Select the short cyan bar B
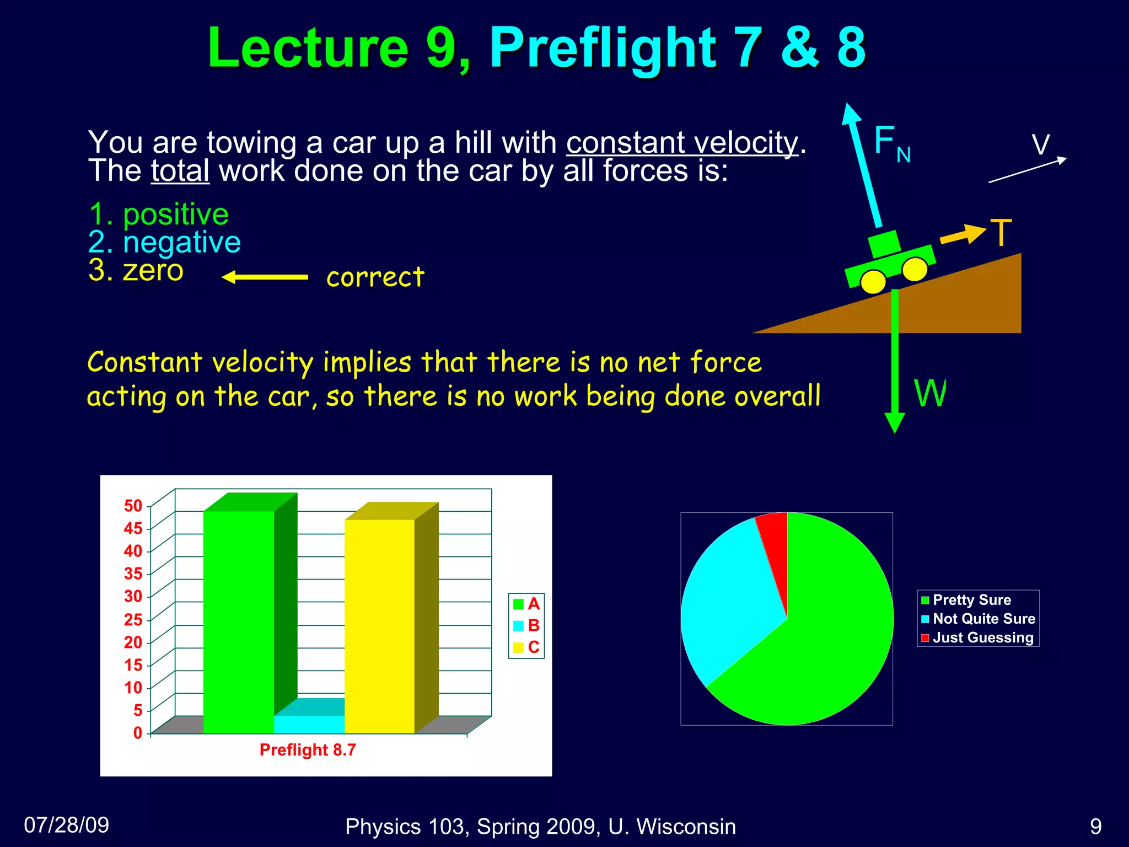pos(309,724)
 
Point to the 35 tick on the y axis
pos(133,573)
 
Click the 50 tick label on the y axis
pos(133,506)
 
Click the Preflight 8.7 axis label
pos(308,750)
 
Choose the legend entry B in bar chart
pos(526,625)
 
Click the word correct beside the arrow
pos(375,277)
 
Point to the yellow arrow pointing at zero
pos(265,277)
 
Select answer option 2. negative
pos(164,242)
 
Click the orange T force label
pos(1001,233)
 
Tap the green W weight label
pos(930,394)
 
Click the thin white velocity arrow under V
pos(1028,170)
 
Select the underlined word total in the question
pos(180,171)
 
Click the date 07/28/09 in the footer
pos(67,825)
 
